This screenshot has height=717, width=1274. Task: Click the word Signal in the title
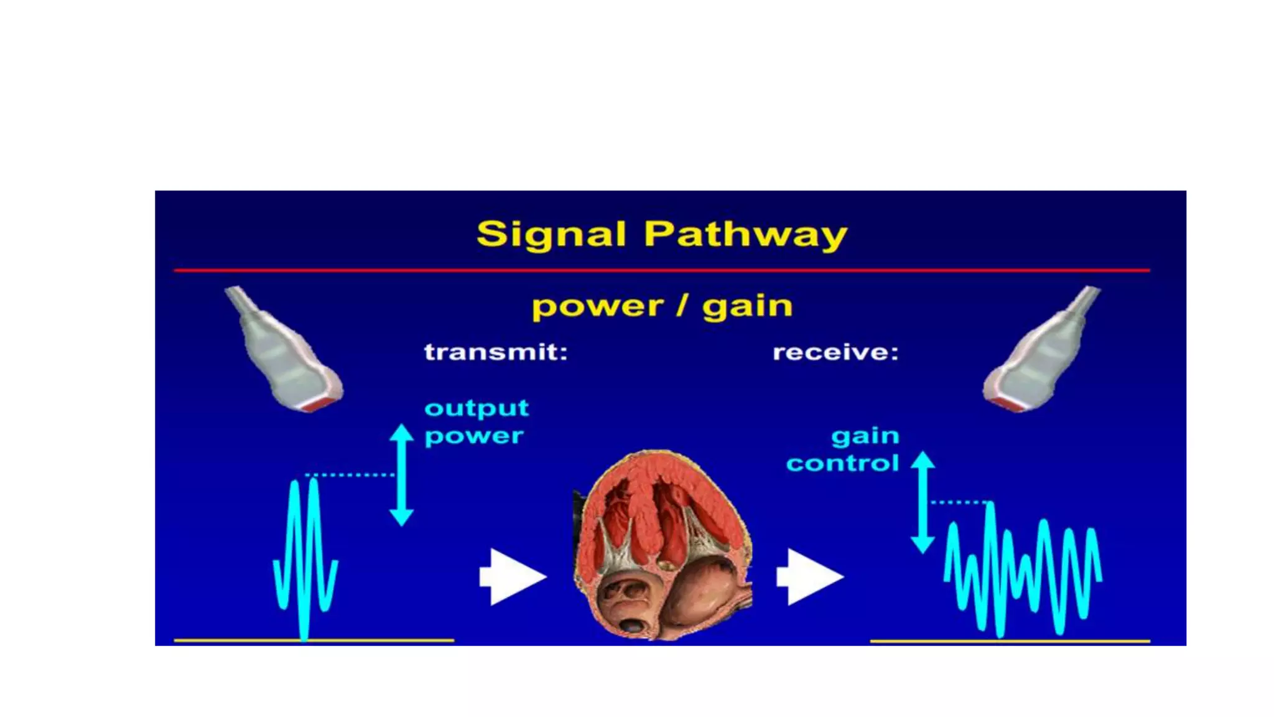(x=551, y=235)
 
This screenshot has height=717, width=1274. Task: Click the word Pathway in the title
(x=745, y=235)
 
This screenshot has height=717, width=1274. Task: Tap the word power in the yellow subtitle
(x=598, y=307)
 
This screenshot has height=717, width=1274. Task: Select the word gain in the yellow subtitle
(x=747, y=307)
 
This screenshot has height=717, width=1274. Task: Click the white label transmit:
(x=496, y=352)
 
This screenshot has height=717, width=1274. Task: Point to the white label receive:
(x=835, y=353)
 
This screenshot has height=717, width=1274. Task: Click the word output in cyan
(x=477, y=408)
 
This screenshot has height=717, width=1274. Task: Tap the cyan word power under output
(x=474, y=436)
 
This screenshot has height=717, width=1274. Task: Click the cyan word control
(x=842, y=464)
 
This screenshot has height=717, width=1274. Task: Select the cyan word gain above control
(x=865, y=436)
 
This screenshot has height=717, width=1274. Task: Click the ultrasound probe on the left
(x=284, y=350)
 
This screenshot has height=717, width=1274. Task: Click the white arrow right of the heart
(x=809, y=576)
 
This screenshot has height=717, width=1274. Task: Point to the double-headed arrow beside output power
(x=402, y=475)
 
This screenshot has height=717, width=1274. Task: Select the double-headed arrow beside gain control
(x=923, y=502)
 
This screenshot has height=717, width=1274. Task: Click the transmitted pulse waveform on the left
(x=305, y=557)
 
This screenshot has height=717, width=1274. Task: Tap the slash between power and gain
(x=682, y=306)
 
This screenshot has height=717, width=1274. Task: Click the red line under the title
(x=662, y=271)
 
